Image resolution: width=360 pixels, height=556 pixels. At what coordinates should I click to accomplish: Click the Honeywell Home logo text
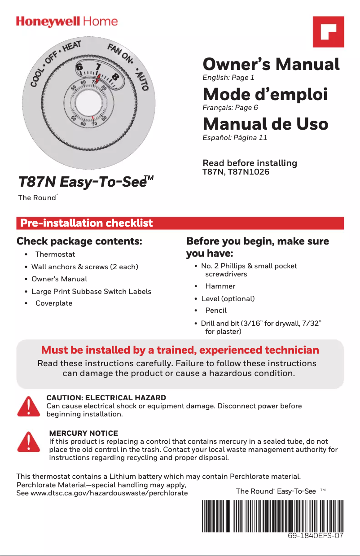67,22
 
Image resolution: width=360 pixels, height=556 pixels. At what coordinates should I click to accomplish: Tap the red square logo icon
328,31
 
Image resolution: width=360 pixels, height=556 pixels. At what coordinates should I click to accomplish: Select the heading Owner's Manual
271,65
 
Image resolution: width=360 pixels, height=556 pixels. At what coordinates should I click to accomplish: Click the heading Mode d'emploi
265,95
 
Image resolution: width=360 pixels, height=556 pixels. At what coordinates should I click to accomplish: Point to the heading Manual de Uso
265,124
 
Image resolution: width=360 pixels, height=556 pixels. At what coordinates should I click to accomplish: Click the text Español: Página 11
235,138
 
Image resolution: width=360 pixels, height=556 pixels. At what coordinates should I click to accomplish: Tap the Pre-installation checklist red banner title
85,223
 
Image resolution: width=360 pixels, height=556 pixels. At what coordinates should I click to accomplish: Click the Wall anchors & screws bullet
84,267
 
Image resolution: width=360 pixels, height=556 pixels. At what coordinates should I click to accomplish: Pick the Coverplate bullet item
53,303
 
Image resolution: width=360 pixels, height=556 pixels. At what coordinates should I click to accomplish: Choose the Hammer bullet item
220,286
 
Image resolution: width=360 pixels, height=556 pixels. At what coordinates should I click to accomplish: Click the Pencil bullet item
216,311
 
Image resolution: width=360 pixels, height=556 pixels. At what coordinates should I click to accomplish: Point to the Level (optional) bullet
228,299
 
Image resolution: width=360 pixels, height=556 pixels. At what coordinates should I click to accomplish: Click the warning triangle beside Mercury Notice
28,442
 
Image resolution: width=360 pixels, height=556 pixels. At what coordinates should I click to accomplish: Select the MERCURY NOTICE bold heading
83,433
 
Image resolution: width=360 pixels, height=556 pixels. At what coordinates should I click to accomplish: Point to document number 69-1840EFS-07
316,536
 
